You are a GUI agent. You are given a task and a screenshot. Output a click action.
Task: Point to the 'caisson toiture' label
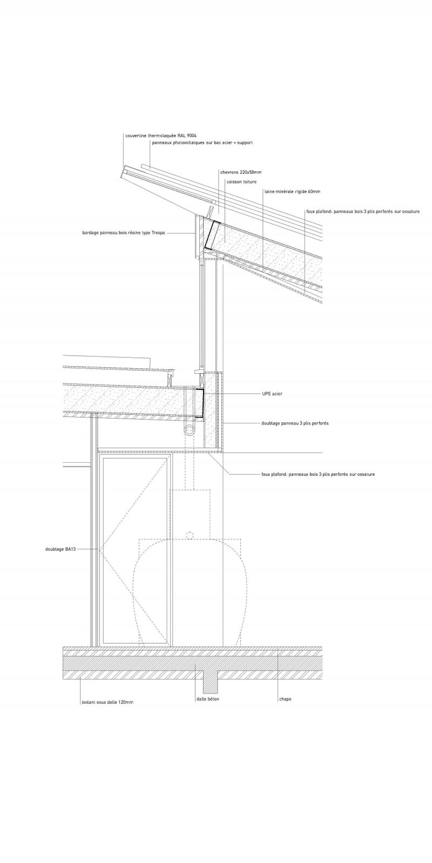pos(241,182)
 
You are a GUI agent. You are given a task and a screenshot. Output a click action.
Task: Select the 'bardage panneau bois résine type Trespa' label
pos(120,233)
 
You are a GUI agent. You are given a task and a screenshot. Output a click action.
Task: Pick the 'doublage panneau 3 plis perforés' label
pos(295,423)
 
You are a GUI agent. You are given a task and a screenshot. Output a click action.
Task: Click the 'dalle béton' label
pos(208,699)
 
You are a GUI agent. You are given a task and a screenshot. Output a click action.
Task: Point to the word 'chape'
pos(285,699)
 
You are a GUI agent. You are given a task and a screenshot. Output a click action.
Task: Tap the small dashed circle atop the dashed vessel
pos(189,535)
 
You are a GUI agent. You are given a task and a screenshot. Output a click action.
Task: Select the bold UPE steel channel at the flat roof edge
pos(199,403)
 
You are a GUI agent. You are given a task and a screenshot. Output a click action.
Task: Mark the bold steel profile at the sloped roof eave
pos(210,236)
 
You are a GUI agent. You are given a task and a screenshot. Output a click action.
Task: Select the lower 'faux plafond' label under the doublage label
pos(318,474)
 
